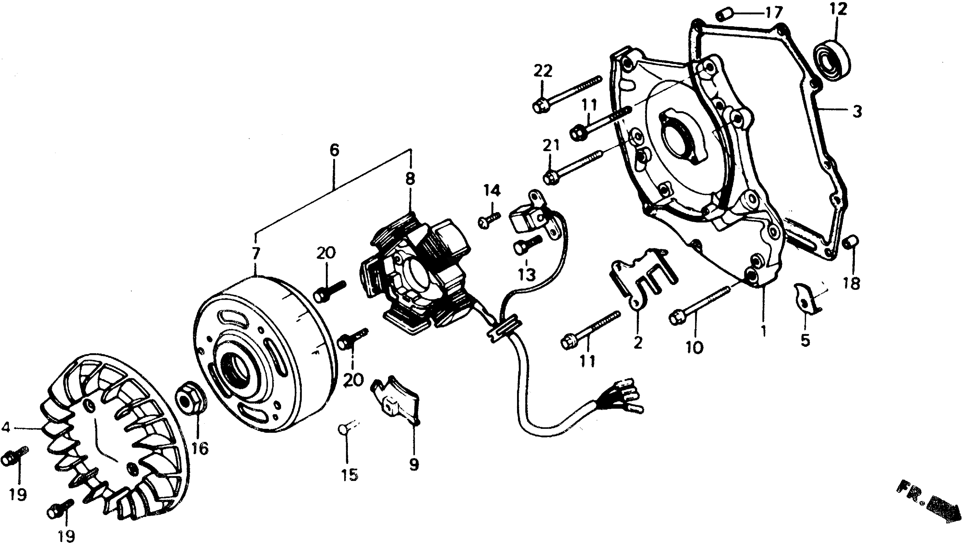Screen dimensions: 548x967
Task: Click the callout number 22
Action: coord(542,70)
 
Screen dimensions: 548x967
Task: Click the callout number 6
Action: coord(334,150)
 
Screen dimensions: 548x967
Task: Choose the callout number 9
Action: coord(414,465)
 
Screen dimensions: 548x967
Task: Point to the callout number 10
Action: coord(695,347)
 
